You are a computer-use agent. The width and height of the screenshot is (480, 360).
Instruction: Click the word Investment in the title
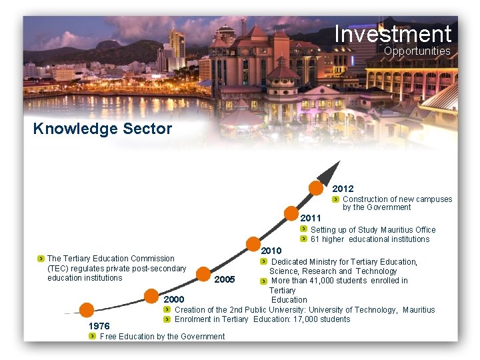pyautogui.click(x=393, y=33)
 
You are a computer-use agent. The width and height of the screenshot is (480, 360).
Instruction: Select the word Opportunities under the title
pyautogui.click(x=417, y=51)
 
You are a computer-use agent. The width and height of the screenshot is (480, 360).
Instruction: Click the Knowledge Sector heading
pyautogui.click(x=102, y=129)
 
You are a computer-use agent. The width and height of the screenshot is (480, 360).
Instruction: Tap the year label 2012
pyautogui.click(x=343, y=189)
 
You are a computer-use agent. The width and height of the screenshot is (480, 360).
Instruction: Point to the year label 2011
pyautogui.click(x=311, y=218)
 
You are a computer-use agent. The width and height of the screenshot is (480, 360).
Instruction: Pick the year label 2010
pyautogui.click(x=271, y=250)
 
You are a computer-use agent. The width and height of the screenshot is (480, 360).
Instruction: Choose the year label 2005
pyautogui.click(x=225, y=279)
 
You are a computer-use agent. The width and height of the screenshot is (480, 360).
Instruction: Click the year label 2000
pyautogui.click(x=174, y=299)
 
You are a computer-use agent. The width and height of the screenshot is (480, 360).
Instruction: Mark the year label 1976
pyautogui.click(x=99, y=326)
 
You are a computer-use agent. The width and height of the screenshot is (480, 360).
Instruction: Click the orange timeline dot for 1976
pyautogui.click(x=86, y=310)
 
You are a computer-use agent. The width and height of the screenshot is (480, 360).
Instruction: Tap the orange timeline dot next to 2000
pyautogui.click(x=151, y=295)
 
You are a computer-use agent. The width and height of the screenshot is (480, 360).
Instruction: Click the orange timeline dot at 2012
pyautogui.click(x=317, y=187)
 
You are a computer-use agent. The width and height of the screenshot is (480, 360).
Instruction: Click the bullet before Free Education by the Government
pyautogui.click(x=93, y=336)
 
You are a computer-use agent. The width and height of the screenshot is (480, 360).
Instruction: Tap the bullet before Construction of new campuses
pyautogui.click(x=337, y=199)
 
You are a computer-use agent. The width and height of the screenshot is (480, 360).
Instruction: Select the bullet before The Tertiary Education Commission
pyautogui.click(x=41, y=259)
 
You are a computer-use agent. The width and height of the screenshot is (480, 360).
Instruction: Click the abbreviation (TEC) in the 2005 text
pyautogui.click(x=59, y=269)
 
